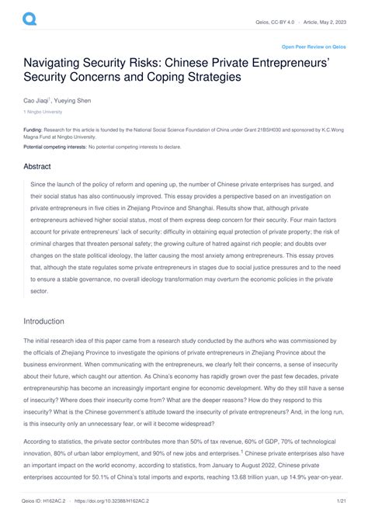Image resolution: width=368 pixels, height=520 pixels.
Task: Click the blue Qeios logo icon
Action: [29, 16]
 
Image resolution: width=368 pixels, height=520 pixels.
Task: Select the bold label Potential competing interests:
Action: [54, 146]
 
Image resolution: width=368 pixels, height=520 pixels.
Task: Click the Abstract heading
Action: [39, 165]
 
